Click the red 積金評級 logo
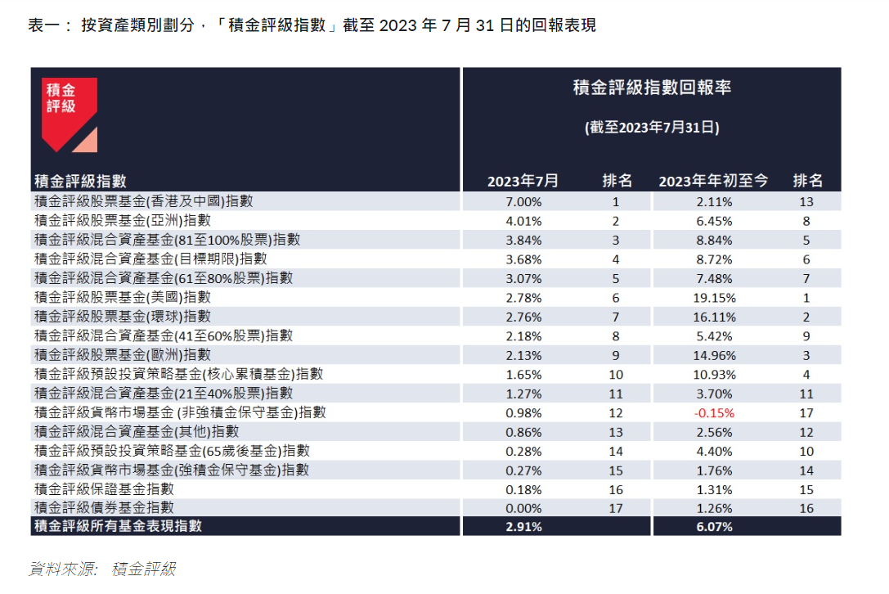point(70,112)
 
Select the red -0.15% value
point(714,413)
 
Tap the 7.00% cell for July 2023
point(523,201)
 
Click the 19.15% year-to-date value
point(714,298)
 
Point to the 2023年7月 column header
point(523,181)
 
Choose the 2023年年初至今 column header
point(713,181)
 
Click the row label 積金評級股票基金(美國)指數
point(122,298)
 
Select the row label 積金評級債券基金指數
point(104,508)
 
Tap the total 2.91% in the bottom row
point(523,527)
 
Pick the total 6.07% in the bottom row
point(714,527)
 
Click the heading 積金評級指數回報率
point(652,88)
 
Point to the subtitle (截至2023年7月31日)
point(652,128)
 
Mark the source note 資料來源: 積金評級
point(102,569)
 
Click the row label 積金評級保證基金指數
point(104,489)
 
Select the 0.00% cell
point(523,508)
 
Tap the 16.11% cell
point(714,317)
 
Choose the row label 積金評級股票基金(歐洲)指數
point(122,355)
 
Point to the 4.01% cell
point(523,221)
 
